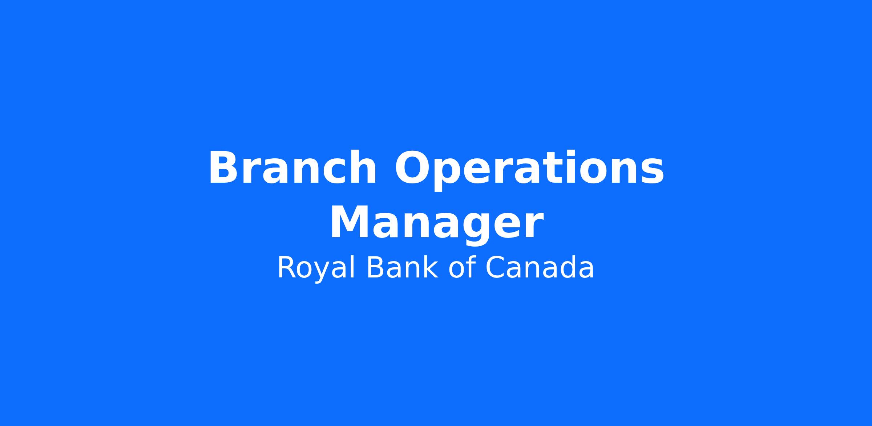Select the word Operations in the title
pos(529,170)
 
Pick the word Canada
pos(540,268)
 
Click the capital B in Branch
pos(224,168)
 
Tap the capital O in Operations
pos(413,168)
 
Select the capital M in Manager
pos(350,222)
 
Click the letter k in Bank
pos(431,267)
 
